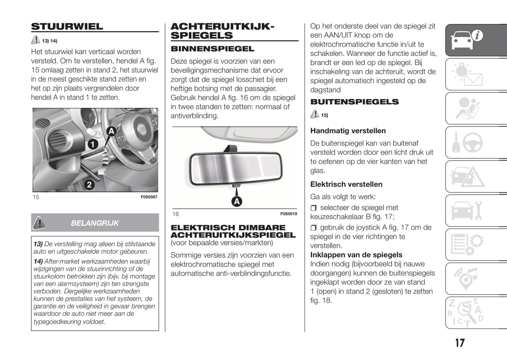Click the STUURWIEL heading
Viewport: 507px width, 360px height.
pyautogui.click(x=67, y=27)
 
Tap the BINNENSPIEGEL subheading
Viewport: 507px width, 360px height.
pyautogui.click(x=212, y=49)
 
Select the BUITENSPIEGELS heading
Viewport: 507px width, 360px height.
pyautogui.click(x=354, y=102)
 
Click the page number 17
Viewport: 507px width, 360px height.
pyautogui.click(x=460, y=343)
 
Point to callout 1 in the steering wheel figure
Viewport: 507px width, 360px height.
pyautogui.click(x=93, y=144)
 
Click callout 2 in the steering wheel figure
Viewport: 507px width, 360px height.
pyautogui.click(x=89, y=184)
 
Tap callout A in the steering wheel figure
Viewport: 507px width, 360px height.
pyautogui.click(x=111, y=132)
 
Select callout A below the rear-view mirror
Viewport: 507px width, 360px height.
pyautogui.click(x=237, y=201)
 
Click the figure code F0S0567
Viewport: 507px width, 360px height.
pyautogui.click(x=149, y=197)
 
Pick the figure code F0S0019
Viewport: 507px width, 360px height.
pyautogui.click(x=288, y=214)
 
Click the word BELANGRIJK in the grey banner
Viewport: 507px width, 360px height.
pyautogui.click(x=95, y=223)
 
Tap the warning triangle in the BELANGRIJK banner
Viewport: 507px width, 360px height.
pyautogui.click(x=39, y=222)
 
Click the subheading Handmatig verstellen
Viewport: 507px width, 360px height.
pyautogui.click(x=348, y=131)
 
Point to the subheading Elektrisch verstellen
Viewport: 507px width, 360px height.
pyautogui.click(x=346, y=184)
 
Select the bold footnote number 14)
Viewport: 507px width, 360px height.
pyautogui.click(x=38, y=261)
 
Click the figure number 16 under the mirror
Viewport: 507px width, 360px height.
pyautogui.click(x=175, y=214)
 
